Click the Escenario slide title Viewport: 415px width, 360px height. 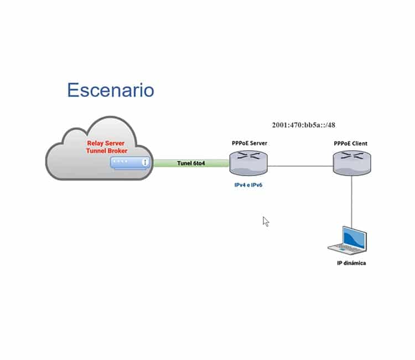coord(110,90)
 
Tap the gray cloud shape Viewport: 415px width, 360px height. coord(72,161)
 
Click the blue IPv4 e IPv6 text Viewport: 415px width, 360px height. coord(248,185)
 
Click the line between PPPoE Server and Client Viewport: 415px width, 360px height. coord(300,164)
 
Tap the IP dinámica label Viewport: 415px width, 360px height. coord(351,263)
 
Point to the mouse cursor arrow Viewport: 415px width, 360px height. coord(266,222)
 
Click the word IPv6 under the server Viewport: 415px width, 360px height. coord(255,185)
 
